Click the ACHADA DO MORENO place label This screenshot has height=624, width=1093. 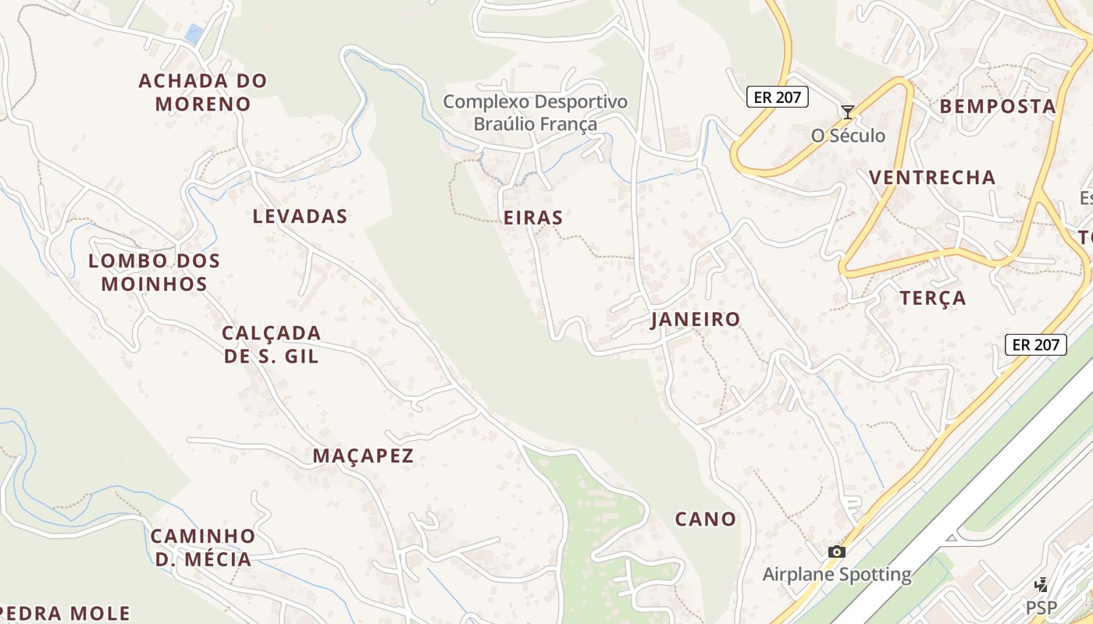click(203, 92)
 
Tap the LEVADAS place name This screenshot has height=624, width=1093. click(300, 217)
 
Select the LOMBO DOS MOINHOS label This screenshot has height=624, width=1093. click(155, 272)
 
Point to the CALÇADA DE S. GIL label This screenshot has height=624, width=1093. click(272, 345)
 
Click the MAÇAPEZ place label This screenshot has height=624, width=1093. click(363, 456)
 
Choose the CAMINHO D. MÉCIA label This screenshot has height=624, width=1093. click(203, 548)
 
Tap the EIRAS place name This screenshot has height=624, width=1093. click(533, 218)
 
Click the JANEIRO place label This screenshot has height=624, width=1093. click(696, 320)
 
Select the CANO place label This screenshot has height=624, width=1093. click(706, 519)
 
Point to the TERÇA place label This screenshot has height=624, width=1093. click(933, 298)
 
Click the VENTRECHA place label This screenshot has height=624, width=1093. click(932, 178)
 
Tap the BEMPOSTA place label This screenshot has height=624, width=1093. click(998, 107)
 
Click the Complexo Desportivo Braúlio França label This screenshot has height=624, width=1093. click(536, 113)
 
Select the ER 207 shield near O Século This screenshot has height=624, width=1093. click(777, 97)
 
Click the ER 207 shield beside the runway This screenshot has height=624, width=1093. click(1035, 344)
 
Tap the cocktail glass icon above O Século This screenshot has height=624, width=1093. click(847, 112)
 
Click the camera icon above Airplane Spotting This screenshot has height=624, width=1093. click(837, 552)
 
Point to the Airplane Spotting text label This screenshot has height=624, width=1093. click(837, 576)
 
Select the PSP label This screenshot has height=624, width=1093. click(1041, 607)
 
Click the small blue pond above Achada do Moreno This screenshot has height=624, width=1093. click(194, 34)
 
